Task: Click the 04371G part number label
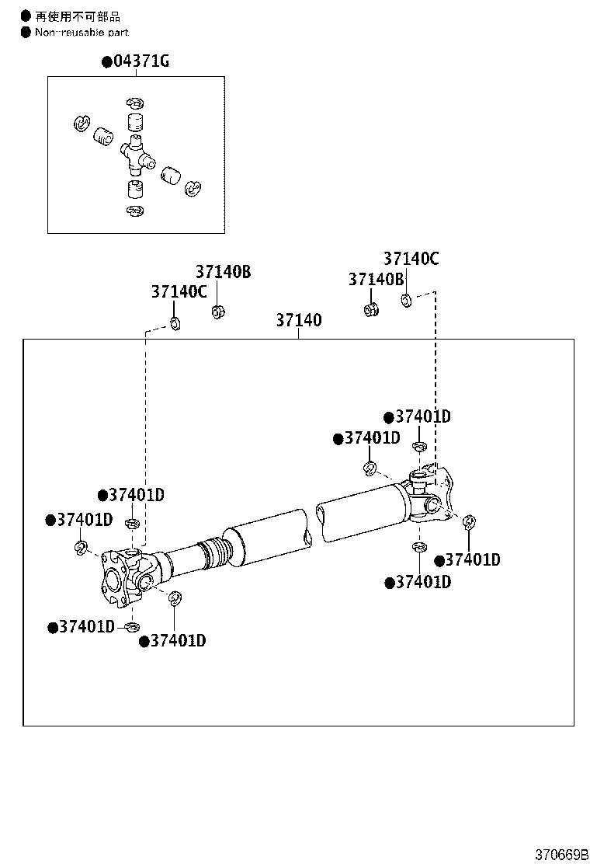[x=141, y=61]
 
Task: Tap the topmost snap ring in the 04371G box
[x=134, y=103]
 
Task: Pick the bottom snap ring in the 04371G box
[x=135, y=211]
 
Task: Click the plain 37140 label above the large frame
[x=298, y=320]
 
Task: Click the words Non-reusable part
[x=82, y=33]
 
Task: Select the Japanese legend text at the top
[x=78, y=16]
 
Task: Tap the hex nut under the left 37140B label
[x=218, y=312]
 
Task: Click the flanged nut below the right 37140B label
[x=371, y=309]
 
